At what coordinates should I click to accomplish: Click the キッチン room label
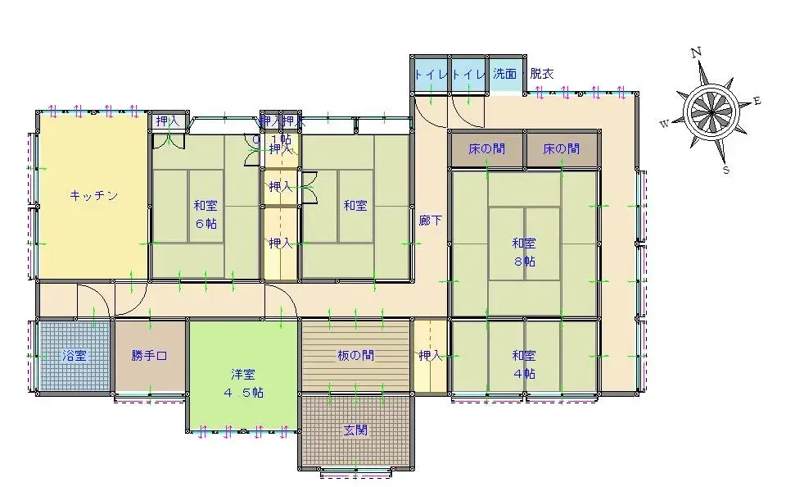click(x=93, y=196)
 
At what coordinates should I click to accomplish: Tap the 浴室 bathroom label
click(x=75, y=356)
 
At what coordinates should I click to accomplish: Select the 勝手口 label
click(x=149, y=356)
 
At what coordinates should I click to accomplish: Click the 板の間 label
click(x=355, y=356)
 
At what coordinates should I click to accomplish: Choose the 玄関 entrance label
click(x=355, y=430)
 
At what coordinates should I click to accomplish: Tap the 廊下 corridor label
click(x=431, y=221)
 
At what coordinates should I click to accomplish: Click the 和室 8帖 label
click(x=524, y=252)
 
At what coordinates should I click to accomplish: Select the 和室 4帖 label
click(x=524, y=364)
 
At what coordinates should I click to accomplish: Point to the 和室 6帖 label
click(x=206, y=214)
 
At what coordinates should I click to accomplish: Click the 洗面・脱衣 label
click(x=522, y=74)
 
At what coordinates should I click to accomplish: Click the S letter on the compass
click(x=725, y=170)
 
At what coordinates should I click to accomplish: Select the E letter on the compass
click(x=757, y=101)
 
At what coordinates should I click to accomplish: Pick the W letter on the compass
click(x=665, y=124)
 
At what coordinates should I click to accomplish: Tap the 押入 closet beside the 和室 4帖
click(x=430, y=356)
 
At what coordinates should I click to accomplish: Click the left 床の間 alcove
click(x=486, y=150)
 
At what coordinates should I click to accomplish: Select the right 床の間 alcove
click(x=562, y=150)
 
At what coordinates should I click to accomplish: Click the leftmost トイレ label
click(x=430, y=74)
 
